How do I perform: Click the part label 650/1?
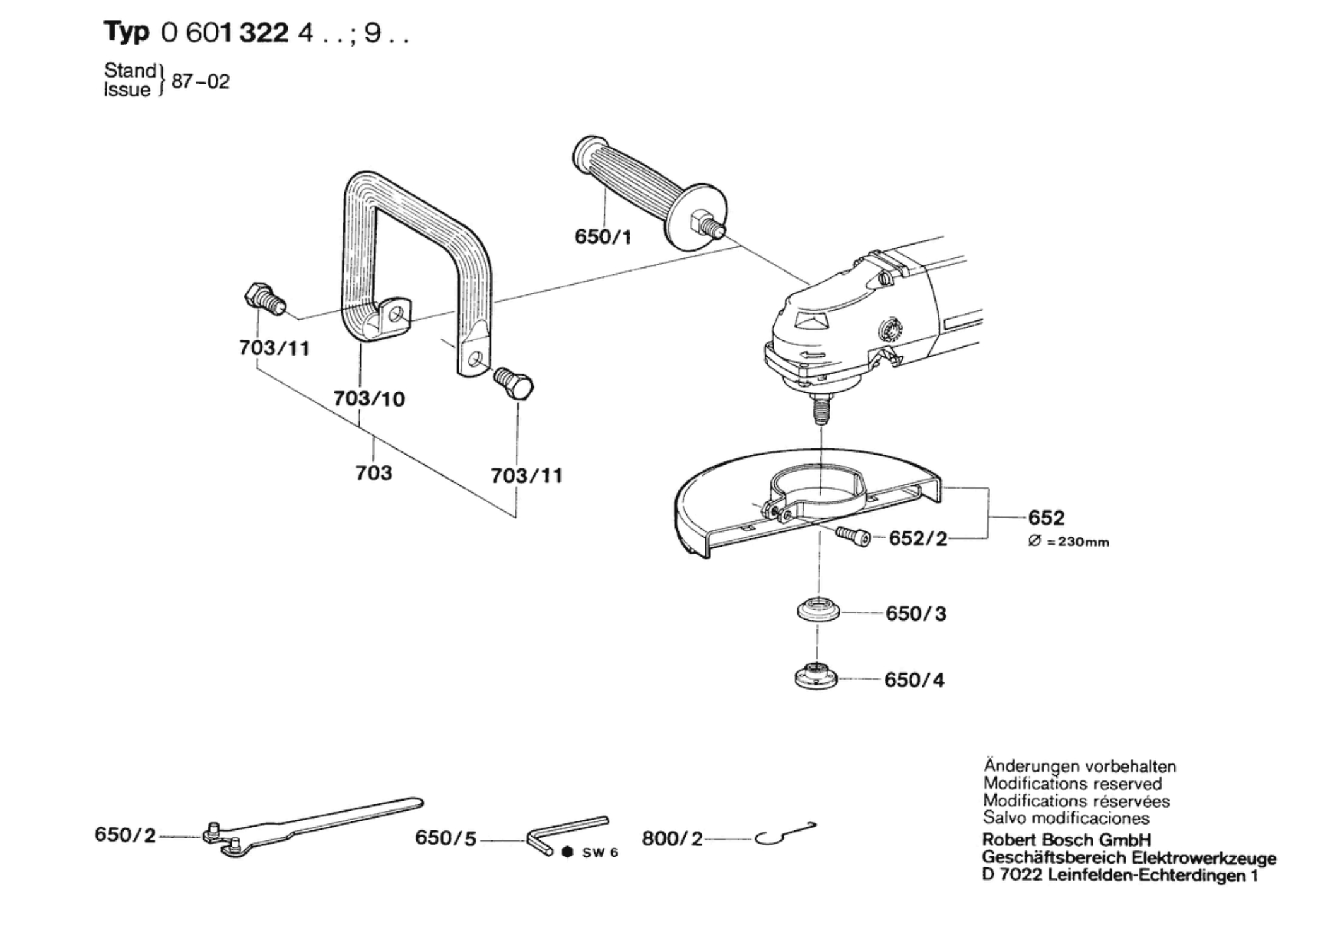[603, 237]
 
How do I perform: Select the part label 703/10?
[369, 398]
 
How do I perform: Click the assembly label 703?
[374, 473]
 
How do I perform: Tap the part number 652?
[1046, 518]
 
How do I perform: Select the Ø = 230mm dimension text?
[1068, 542]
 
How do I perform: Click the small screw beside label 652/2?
[854, 537]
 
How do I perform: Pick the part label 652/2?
[918, 539]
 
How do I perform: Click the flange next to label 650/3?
[818, 611]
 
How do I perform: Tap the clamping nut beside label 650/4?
[816, 678]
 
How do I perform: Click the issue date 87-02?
[200, 82]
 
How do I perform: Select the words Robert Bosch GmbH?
[1066, 840]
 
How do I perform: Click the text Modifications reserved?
[1072, 784]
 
